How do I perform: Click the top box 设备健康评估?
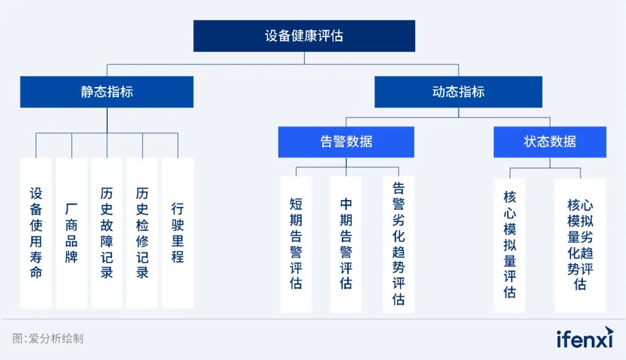tap(304, 36)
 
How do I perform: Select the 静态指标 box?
tap(107, 92)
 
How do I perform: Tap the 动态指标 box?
tap(458, 92)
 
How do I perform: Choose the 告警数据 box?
tap(346, 141)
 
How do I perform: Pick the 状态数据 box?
tap(549, 141)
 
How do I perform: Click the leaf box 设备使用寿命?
tap(36, 233)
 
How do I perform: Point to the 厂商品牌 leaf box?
tap(71, 233)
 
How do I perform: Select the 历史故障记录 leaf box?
tap(107, 233)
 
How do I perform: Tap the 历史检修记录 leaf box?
tap(142, 233)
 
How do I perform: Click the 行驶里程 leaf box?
tap(178, 233)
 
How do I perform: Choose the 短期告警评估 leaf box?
tap(296, 244)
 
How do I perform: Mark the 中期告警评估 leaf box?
tap(346, 244)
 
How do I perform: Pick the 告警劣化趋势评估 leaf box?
tap(398, 244)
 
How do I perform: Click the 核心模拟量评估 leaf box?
tap(510, 245)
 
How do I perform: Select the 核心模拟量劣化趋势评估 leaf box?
tap(580, 245)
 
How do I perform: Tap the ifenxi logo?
tap(585, 337)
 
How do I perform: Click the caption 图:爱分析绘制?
tap(48, 339)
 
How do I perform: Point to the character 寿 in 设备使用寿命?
tap(36, 257)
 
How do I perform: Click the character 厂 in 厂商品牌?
tap(71, 209)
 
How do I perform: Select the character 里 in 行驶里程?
tap(178, 241)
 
